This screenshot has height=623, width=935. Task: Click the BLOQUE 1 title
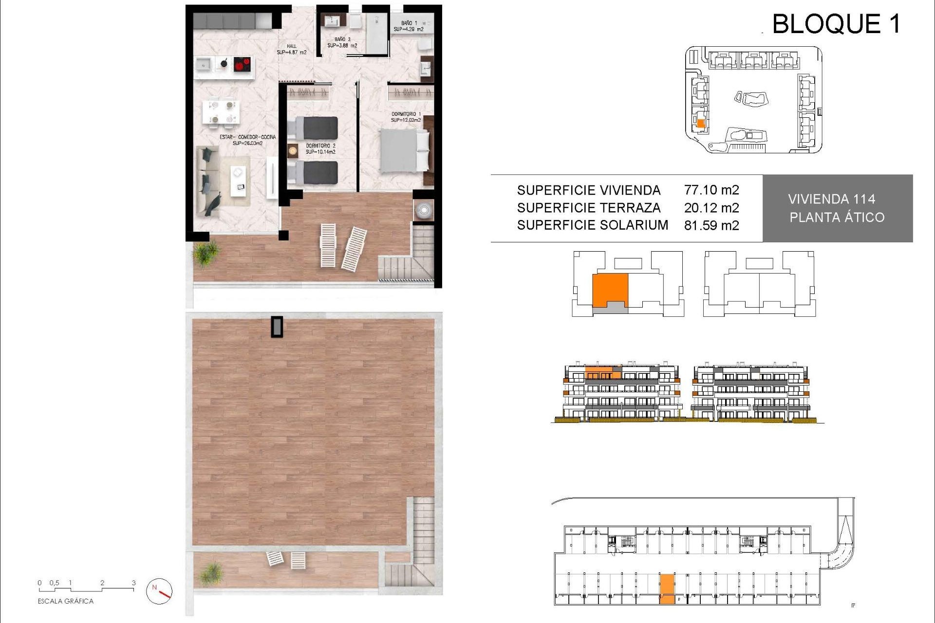(836, 24)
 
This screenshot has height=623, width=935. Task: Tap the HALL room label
(291, 49)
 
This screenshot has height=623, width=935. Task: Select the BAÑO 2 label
(342, 42)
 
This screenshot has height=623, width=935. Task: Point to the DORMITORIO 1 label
(406, 117)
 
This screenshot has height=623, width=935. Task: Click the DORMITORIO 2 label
(320, 148)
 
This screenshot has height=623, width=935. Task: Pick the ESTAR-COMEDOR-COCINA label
(247, 140)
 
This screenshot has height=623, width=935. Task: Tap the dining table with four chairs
(221, 111)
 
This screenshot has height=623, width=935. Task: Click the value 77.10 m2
(711, 190)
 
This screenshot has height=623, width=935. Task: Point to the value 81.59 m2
(711, 225)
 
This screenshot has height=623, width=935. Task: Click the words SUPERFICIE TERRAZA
(588, 208)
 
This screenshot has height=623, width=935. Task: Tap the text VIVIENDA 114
(831, 199)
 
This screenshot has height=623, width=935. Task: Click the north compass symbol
(159, 591)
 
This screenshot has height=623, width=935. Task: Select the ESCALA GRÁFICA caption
(65, 601)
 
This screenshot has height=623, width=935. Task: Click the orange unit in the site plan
(701, 124)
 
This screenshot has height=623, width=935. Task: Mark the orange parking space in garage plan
(667, 589)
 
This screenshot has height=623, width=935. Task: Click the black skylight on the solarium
(277, 327)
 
